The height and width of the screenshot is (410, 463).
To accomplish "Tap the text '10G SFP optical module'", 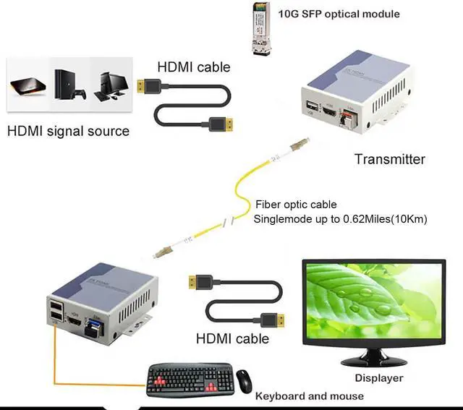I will [339, 14].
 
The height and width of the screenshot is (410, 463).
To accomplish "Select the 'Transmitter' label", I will [389, 159].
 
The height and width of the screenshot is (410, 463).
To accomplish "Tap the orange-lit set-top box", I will [27, 87].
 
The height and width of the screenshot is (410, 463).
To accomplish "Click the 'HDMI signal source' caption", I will [68, 131].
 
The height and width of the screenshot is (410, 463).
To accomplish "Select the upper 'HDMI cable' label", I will [194, 67].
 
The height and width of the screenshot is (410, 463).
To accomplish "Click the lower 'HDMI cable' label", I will [232, 338].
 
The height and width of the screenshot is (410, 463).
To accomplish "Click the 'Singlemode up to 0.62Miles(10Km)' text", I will [340, 218].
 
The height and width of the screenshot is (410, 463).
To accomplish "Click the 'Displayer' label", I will [378, 377].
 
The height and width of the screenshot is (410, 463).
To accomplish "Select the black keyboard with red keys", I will [190, 379].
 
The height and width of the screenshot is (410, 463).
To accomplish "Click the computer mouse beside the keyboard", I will [244, 379].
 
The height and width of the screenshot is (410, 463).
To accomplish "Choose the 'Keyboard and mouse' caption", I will [309, 396].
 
